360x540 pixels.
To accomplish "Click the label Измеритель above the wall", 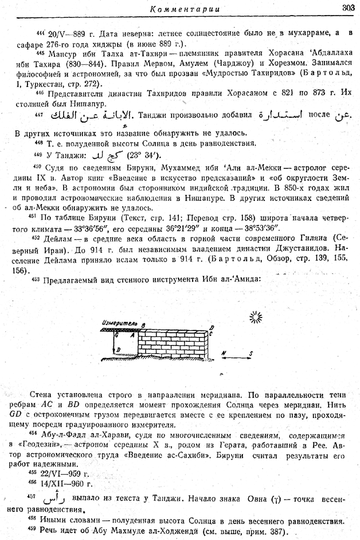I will click(118, 323).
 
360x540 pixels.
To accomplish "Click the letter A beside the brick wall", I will click(132, 335).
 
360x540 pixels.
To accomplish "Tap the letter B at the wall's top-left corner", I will click(143, 324).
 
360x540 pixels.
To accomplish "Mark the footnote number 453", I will click(36, 279).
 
